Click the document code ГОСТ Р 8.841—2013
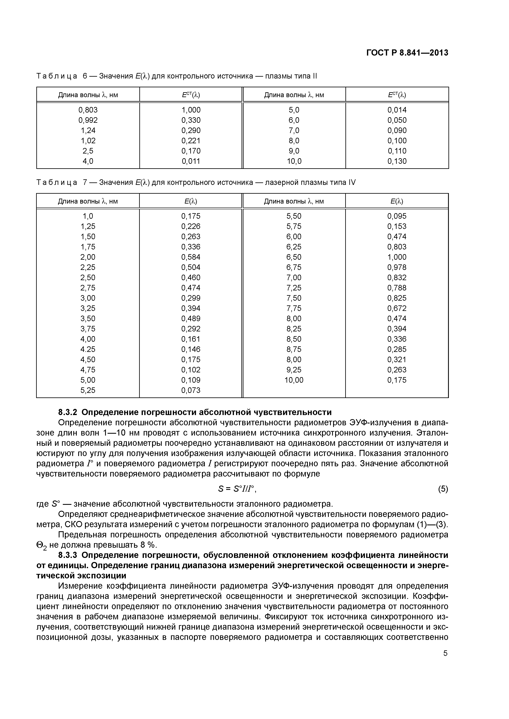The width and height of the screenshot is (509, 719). click(407, 53)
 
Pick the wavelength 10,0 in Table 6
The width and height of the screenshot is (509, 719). click(294, 161)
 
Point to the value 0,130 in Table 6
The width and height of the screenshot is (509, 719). click(397, 161)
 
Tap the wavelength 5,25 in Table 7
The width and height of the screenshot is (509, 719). click(88, 390)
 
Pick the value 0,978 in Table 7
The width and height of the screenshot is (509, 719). click(397, 267)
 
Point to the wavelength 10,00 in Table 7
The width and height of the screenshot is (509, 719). click(294, 380)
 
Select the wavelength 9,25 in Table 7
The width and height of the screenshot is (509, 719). click(294, 370)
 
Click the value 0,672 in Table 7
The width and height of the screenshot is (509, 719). click(397, 308)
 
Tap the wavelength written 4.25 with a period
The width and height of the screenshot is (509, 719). click(88, 349)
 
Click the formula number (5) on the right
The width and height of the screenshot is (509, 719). click(443, 489)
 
